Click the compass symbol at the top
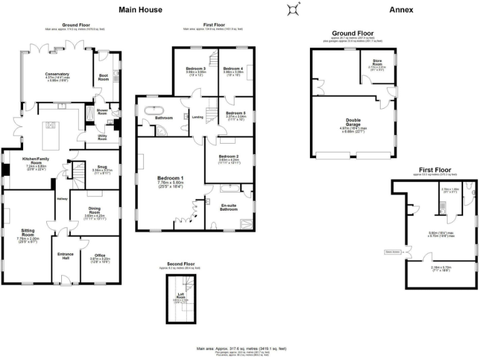coord(293,9)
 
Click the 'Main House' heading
coord(141,9)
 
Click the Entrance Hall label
coord(66,256)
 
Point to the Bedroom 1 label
coord(170,178)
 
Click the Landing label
coord(197,116)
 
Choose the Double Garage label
coord(353,122)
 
